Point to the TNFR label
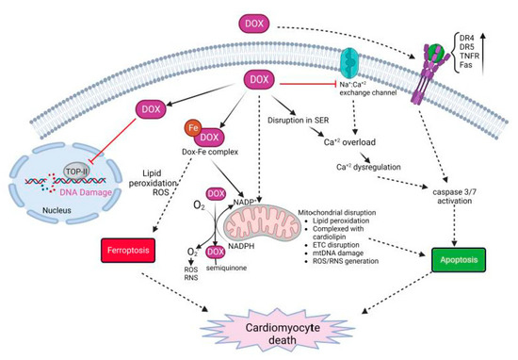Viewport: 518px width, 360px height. tap(476, 56)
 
